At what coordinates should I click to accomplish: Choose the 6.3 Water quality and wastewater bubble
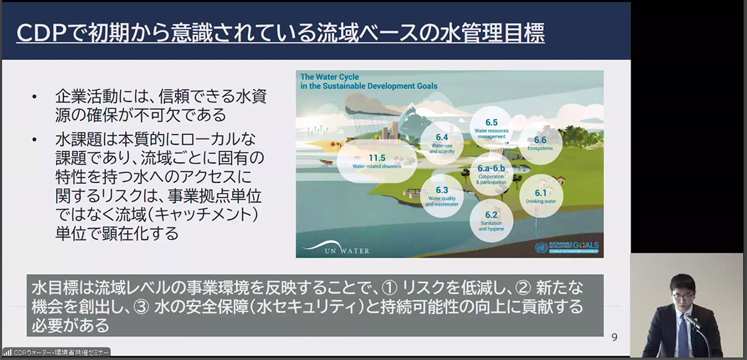coord(442,195)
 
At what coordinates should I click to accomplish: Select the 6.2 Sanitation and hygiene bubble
coord(491,219)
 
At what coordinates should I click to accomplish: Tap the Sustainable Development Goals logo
coord(566,247)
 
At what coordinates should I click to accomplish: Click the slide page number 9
coord(614,337)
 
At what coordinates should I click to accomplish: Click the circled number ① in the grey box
coord(390,288)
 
